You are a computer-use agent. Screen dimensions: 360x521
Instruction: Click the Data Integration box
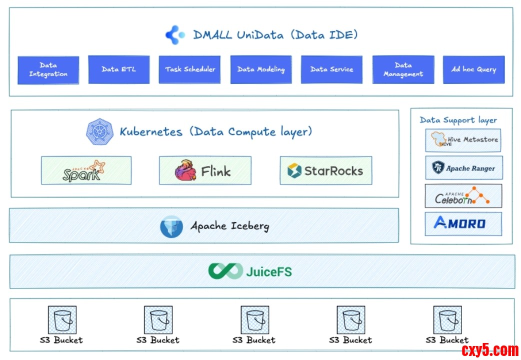[x=48, y=69]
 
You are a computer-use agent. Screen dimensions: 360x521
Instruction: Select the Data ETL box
[x=118, y=69]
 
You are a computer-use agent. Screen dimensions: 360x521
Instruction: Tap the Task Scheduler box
[x=190, y=69]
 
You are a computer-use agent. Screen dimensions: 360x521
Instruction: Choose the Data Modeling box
[x=260, y=69]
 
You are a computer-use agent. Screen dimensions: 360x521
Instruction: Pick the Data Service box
[x=331, y=69]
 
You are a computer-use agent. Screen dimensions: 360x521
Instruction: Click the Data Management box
[x=403, y=69]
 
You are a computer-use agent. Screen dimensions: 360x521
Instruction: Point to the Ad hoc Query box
[x=473, y=69]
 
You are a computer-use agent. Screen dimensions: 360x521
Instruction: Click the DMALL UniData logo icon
[x=175, y=35]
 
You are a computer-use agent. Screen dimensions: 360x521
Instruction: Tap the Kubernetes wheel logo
[x=99, y=132]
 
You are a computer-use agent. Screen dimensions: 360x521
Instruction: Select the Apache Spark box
[x=86, y=170]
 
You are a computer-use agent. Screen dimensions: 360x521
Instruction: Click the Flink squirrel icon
[x=185, y=170]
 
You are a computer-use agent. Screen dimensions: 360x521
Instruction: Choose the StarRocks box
[x=325, y=170]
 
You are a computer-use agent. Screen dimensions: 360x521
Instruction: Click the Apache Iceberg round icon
[x=171, y=226]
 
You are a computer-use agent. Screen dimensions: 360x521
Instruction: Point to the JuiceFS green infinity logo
[x=225, y=271]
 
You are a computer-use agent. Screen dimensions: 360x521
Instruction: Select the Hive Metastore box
[x=463, y=140]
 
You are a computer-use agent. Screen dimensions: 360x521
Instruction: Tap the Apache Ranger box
[x=463, y=168]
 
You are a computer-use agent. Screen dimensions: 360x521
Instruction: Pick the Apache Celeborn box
[x=463, y=196]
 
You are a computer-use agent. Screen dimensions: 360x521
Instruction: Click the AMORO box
[x=463, y=223]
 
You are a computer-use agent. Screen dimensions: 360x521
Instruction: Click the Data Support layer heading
[x=458, y=120]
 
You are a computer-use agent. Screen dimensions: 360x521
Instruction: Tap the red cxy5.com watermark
[x=489, y=349]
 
